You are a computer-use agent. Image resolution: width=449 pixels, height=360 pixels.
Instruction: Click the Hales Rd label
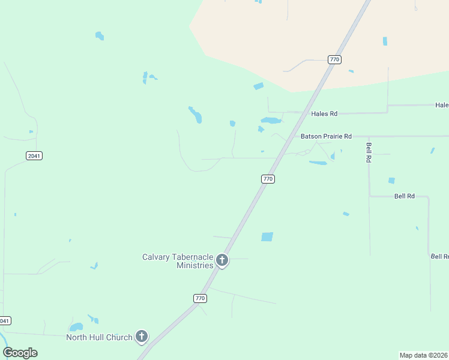tap(324, 113)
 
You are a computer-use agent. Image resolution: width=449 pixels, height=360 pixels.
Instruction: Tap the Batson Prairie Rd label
tap(326, 136)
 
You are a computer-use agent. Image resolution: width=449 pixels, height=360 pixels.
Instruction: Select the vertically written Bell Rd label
tap(369, 153)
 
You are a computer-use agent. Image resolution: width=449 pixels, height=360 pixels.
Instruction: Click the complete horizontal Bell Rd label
tap(405, 196)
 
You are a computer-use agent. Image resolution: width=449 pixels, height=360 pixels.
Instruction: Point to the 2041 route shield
tap(34, 156)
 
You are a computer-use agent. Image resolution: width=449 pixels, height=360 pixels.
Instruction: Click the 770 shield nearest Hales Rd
tap(334, 59)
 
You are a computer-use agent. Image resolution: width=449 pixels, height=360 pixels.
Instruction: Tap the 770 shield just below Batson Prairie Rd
tap(268, 179)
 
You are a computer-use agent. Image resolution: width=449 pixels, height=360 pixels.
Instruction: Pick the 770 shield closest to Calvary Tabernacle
tap(200, 298)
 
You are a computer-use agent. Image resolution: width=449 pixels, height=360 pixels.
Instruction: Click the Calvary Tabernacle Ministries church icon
tap(222, 260)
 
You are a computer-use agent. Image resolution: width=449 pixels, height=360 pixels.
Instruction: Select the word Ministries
tap(194, 265)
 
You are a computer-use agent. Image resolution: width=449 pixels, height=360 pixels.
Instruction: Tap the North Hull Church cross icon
tap(142, 337)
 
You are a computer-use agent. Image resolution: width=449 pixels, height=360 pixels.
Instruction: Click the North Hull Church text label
tap(99, 337)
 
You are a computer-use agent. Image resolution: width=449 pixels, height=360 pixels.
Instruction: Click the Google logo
tap(20, 353)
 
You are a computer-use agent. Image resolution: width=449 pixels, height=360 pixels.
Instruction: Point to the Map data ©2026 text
tap(424, 355)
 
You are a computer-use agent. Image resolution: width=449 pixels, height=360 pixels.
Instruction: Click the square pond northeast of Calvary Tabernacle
tap(267, 237)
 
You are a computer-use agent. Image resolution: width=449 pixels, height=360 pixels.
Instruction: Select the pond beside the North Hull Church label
tap(76, 328)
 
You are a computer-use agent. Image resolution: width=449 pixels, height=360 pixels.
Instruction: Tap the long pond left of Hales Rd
tap(271, 121)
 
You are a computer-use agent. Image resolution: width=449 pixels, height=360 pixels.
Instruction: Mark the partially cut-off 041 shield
tap(5, 320)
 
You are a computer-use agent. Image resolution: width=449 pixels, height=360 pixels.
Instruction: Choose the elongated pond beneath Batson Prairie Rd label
tap(318, 163)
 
